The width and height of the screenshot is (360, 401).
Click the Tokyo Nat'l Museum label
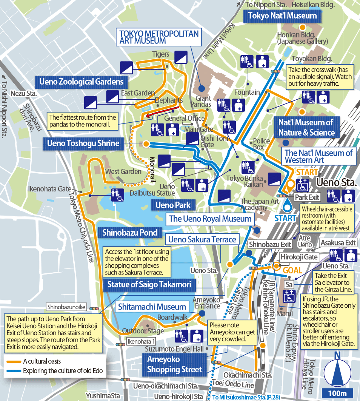coord(282,16)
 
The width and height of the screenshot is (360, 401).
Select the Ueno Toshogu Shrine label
coord(83,143)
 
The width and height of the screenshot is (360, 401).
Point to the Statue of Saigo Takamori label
coord(149,284)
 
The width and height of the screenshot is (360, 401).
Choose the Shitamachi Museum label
coord(152,307)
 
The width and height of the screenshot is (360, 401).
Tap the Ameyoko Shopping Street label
coord(174,364)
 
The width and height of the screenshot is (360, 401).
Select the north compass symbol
coord(338,370)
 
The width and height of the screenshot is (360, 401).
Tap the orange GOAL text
coord(292,270)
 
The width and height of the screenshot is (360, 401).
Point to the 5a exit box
coord(289,283)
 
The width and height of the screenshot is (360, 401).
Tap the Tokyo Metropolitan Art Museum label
coord(158,37)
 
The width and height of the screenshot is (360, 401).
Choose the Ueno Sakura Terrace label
coord(202,239)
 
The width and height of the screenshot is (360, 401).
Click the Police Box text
coord(261,144)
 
